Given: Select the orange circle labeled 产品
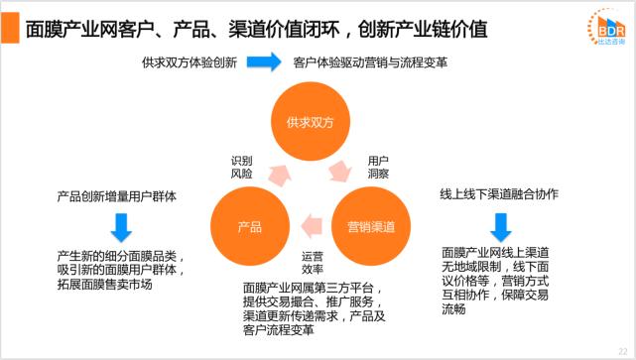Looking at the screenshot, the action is pos(250,226).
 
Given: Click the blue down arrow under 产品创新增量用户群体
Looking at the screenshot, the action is pos(120,226).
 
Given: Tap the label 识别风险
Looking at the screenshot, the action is pos(241,167).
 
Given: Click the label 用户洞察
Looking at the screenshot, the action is pos(378,167).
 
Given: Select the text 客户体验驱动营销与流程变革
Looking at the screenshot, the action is pos(370,63).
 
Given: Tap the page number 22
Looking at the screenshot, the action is pos(621,350).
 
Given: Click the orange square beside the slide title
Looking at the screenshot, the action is pos(12,27).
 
